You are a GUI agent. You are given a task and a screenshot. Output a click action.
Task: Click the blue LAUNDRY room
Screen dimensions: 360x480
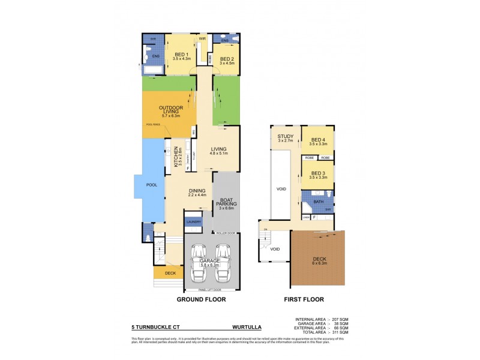point(193,222)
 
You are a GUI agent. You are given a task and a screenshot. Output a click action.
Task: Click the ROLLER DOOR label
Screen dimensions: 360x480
point(226,232)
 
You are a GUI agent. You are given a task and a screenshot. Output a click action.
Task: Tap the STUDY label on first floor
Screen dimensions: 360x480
point(285,137)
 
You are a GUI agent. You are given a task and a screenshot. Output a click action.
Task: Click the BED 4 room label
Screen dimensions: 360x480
point(317,140)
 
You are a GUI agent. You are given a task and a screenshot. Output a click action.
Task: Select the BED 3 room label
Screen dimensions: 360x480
point(317,173)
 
